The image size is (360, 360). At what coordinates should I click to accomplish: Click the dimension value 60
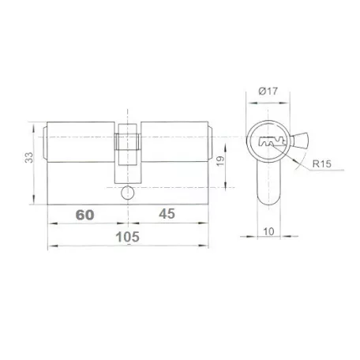(x=84, y=215)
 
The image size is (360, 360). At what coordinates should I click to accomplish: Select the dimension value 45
(x=167, y=214)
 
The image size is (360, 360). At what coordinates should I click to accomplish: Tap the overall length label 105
(x=128, y=237)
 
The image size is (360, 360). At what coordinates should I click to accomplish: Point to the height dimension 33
(x=29, y=157)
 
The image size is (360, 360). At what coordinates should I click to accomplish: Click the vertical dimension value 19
(x=220, y=161)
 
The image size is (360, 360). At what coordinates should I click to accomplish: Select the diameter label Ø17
(x=268, y=91)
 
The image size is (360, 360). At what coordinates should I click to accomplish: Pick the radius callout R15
(x=321, y=164)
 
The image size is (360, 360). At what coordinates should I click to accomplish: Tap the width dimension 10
(x=268, y=232)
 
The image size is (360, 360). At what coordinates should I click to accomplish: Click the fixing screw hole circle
(x=128, y=193)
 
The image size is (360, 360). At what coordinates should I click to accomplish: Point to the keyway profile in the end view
(x=272, y=142)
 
